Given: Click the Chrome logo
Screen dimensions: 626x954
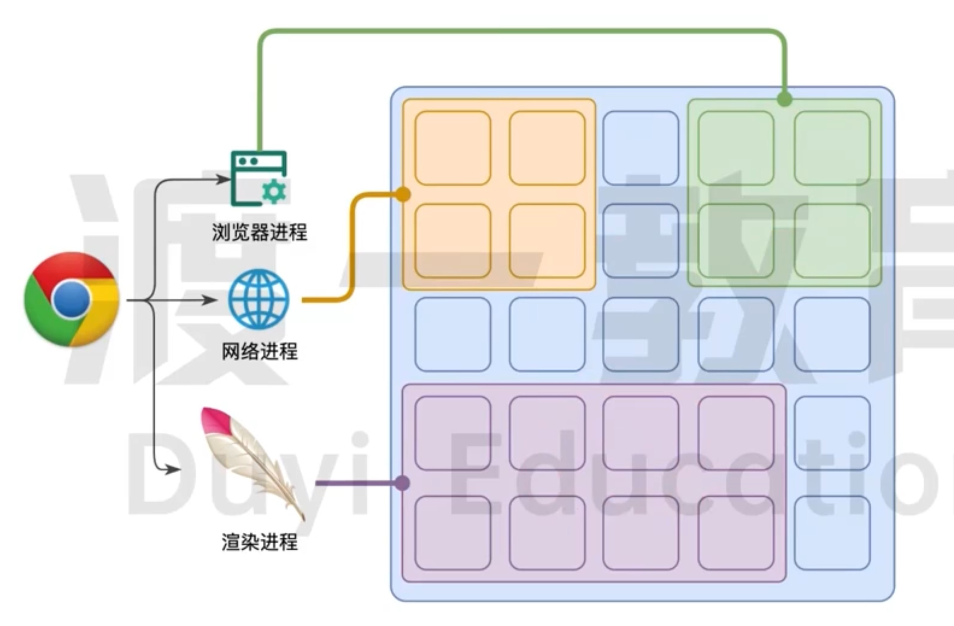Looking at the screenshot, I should click(x=71, y=299).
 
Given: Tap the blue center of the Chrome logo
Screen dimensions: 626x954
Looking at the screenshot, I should click(x=71, y=299).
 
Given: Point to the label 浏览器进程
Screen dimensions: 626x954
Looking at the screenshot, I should click(x=259, y=232).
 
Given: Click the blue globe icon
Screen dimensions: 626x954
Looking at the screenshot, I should click(x=259, y=299).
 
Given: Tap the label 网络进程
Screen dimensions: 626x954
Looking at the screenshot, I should click(x=259, y=351).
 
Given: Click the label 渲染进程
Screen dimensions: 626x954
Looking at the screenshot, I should click(x=259, y=542).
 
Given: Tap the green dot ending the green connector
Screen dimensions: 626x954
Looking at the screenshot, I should click(x=784, y=99).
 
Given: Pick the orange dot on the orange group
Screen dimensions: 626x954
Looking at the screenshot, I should click(x=403, y=194).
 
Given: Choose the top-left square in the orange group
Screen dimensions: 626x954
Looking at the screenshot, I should click(x=453, y=148).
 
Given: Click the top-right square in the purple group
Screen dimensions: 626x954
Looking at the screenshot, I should click(x=736, y=433).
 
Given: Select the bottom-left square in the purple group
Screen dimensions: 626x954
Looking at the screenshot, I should click(x=453, y=533).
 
